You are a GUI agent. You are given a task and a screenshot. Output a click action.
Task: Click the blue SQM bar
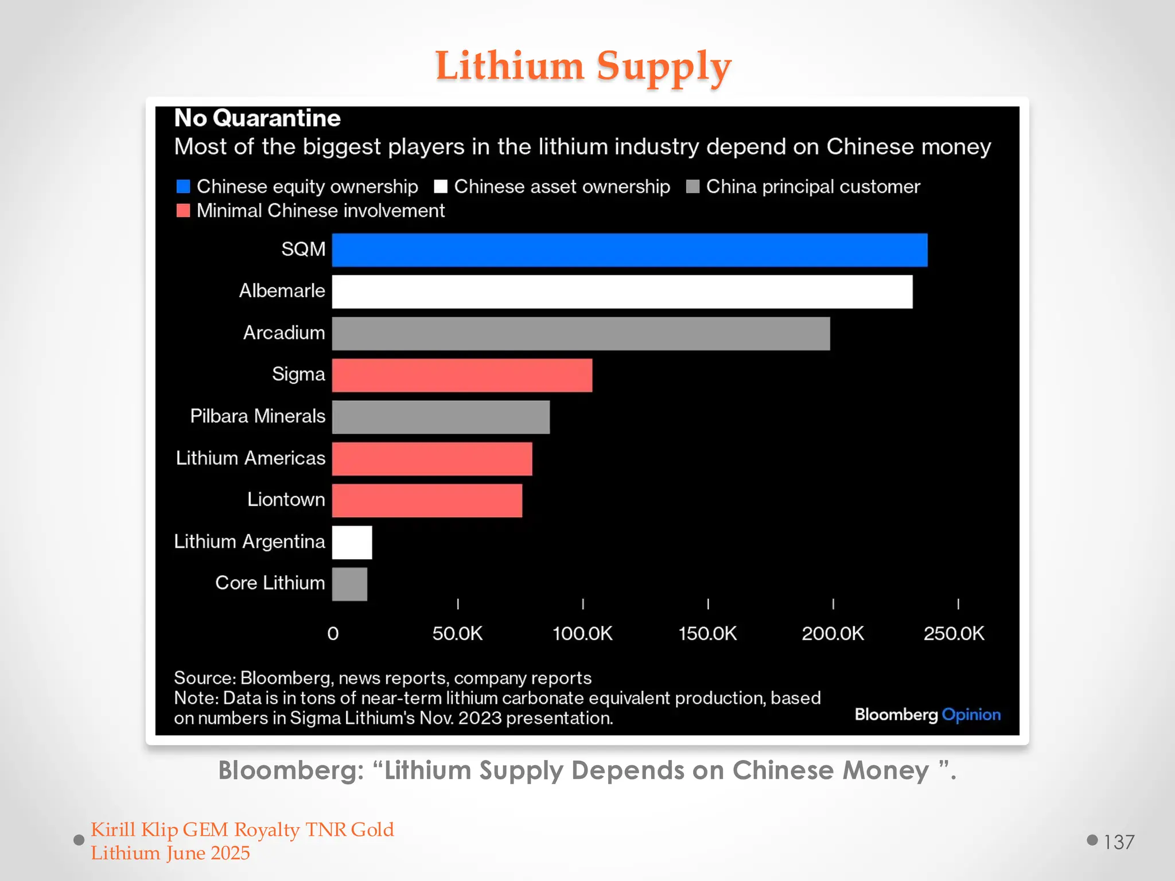point(629,250)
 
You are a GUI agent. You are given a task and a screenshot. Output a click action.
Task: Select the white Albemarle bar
point(622,292)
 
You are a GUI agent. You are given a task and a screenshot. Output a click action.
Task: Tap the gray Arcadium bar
point(581,334)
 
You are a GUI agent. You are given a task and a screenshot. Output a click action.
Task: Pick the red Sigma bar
point(462,376)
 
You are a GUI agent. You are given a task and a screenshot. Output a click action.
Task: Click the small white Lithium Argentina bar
point(352,543)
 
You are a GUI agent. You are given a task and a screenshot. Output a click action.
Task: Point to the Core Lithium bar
point(349,584)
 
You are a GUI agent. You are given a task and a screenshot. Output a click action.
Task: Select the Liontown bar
point(427,501)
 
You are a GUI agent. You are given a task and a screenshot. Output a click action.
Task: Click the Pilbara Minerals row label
point(258,416)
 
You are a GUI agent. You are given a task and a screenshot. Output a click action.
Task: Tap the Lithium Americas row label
point(251,458)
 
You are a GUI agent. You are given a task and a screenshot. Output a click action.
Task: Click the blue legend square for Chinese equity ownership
point(183,186)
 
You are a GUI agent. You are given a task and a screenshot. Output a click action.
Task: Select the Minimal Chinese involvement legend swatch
point(183,210)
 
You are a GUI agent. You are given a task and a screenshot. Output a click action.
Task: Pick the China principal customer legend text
point(812,186)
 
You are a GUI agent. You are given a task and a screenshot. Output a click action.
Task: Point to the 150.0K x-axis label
point(707,634)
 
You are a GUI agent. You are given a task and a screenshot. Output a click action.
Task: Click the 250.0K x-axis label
point(954,634)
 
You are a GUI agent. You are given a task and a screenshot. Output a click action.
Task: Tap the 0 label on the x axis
point(333,634)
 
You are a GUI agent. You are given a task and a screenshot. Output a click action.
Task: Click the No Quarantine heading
point(257,118)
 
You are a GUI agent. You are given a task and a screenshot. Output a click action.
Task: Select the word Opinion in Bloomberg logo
point(971,715)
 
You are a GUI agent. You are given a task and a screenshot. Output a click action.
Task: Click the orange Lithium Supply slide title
point(583,66)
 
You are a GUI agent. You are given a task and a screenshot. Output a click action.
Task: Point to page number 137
point(1119,842)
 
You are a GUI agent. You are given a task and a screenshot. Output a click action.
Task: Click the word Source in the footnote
point(204,678)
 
